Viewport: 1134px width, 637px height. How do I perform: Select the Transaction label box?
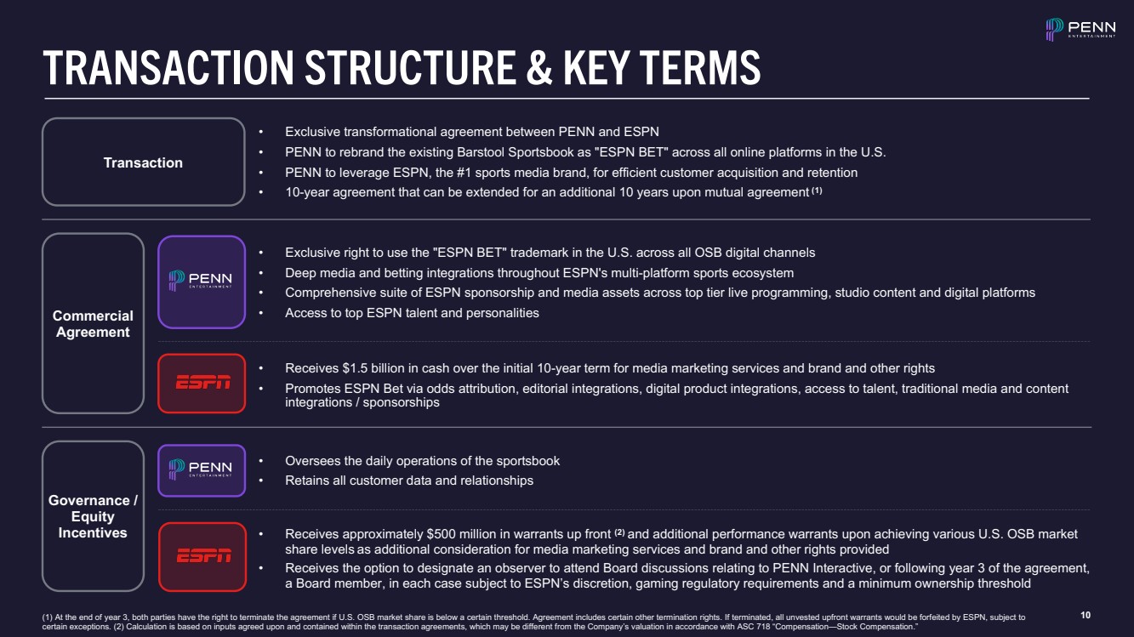[143, 162]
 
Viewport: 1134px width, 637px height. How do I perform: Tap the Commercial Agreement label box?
[93, 323]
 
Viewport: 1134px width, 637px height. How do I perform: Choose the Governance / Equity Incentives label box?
[93, 516]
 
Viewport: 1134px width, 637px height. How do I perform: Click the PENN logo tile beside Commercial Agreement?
[202, 282]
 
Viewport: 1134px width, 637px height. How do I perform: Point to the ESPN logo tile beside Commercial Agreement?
[202, 383]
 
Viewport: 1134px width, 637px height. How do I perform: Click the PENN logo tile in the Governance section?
[202, 469]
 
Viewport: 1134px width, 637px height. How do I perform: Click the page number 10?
[1085, 615]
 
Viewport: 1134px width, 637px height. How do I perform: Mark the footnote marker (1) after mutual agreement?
[816, 191]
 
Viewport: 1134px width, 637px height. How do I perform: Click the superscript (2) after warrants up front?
[619, 532]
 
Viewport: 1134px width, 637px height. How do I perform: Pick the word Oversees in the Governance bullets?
[312, 461]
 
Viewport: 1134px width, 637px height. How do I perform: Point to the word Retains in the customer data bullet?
[308, 481]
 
